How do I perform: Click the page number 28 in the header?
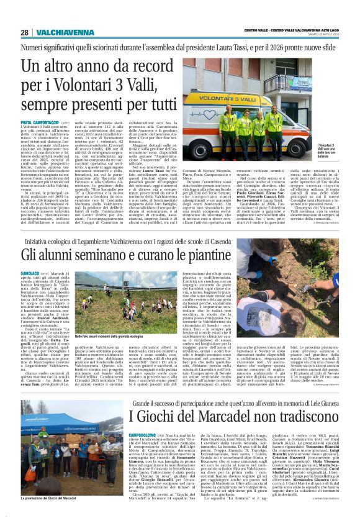click(x=25, y=32)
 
